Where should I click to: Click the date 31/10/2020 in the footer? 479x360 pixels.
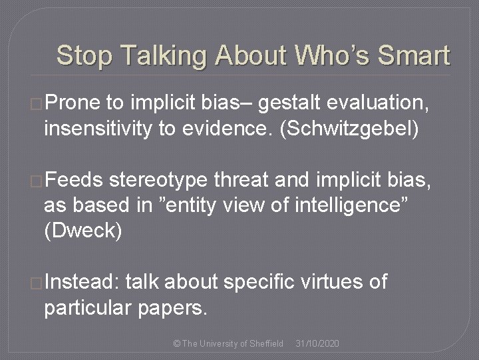317,343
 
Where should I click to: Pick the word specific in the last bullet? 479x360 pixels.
256,282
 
